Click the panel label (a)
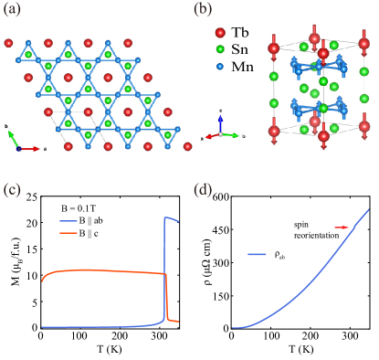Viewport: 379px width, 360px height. [13, 10]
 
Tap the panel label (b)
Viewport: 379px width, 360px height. [203, 10]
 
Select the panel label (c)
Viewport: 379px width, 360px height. [13, 190]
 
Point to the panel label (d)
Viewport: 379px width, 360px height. [203, 190]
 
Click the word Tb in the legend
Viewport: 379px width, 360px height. [239, 32]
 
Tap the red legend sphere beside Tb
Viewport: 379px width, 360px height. [220, 32]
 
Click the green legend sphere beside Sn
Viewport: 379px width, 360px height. [220, 49]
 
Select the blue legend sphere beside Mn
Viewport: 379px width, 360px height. [220, 66]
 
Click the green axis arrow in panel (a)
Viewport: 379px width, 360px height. [12, 137]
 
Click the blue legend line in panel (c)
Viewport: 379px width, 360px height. [68, 221]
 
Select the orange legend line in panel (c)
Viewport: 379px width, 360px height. [68, 233]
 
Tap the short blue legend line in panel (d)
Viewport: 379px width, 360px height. [257, 254]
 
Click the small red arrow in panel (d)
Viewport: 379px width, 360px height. [342, 227]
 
